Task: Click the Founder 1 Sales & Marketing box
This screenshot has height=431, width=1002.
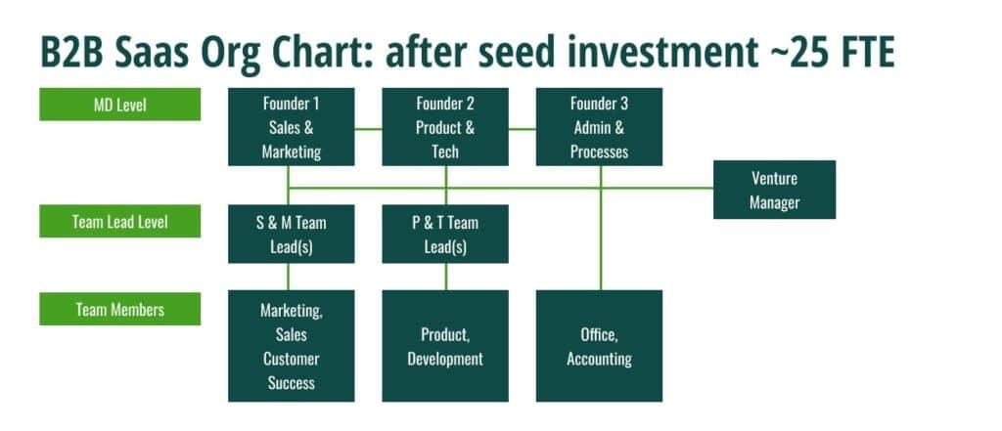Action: tap(292, 127)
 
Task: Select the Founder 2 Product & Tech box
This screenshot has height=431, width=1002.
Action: tap(445, 127)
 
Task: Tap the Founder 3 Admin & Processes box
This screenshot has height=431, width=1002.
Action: tap(600, 127)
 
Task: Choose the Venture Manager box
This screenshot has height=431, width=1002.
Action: tap(775, 190)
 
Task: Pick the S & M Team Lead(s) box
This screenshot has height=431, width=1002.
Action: tap(292, 234)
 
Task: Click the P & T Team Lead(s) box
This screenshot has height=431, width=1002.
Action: tap(445, 234)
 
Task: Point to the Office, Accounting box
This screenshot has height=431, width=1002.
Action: tap(600, 346)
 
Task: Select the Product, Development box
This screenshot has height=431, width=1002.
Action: tap(445, 346)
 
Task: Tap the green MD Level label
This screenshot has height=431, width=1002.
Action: tap(120, 104)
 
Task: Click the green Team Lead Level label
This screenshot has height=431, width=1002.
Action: tap(120, 221)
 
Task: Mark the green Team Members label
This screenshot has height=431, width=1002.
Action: tap(120, 309)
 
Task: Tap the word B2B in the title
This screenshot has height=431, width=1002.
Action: tap(71, 53)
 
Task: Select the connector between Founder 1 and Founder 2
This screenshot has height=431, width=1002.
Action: tap(368, 129)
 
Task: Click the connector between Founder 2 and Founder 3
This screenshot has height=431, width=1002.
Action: tap(523, 129)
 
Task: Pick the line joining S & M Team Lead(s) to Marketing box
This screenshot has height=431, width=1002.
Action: tap(289, 277)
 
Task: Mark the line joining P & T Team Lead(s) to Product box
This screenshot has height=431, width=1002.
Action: tap(446, 277)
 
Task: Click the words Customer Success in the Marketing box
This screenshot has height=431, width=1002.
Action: tap(292, 370)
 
